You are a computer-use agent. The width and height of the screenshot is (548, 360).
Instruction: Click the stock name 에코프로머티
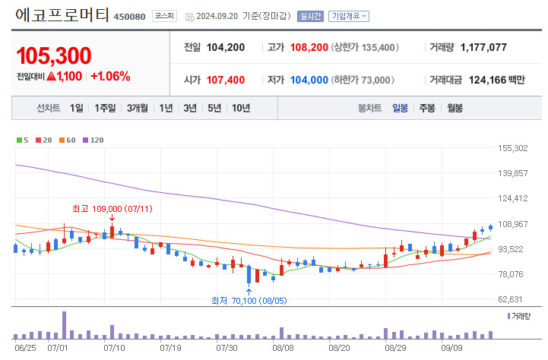[62, 14]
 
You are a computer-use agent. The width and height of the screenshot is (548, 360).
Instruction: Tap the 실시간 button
[310, 16]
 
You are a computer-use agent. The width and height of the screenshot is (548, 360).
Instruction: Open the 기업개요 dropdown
[349, 16]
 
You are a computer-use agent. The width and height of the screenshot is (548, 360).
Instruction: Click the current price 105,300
[53, 55]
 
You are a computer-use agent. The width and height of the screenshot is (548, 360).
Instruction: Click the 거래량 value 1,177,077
[483, 47]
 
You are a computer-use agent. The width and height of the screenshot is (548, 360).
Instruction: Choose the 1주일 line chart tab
[106, 108]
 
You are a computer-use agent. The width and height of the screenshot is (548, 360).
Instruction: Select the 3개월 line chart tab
[138, 108]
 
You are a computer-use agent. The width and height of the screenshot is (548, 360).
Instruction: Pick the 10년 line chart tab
[240, 108]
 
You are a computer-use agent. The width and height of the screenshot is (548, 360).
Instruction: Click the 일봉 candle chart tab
[401, 108]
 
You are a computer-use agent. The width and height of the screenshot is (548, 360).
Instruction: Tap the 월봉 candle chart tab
[455, 108]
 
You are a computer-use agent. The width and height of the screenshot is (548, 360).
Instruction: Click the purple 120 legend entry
[93, 140]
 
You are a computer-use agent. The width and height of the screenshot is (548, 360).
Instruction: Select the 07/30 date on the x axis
[227, 348]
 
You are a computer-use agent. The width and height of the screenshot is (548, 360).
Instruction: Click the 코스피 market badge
[163, 16]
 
